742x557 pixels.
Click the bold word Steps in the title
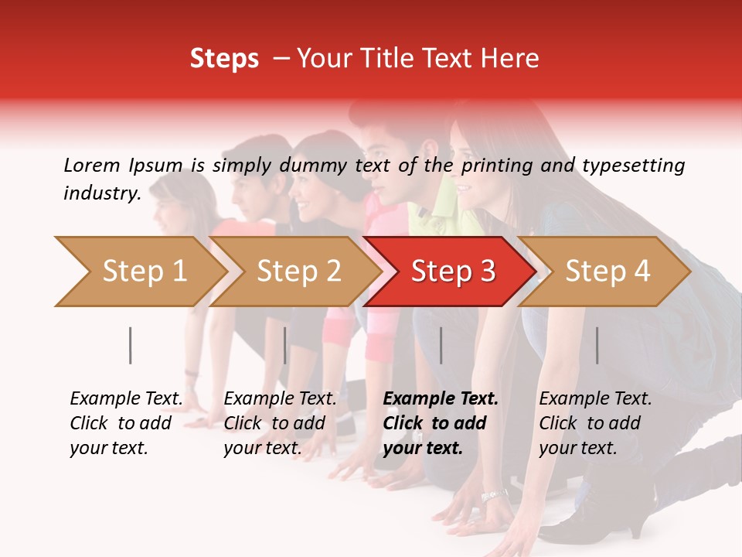(x=224, y=59)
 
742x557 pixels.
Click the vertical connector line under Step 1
(x=131, y=345)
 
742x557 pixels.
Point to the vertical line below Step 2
(x=285, y=345)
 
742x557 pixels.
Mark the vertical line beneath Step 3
(x=441, y=345)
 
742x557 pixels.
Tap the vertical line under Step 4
(x=597, y=345)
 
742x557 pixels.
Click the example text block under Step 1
(x=126, y=423)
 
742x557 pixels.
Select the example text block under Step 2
(x=280, y=423)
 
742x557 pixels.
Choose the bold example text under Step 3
(x=441, y=423)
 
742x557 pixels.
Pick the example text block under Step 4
(x=595, y=423)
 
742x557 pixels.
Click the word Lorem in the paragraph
(x=92, y=165)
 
